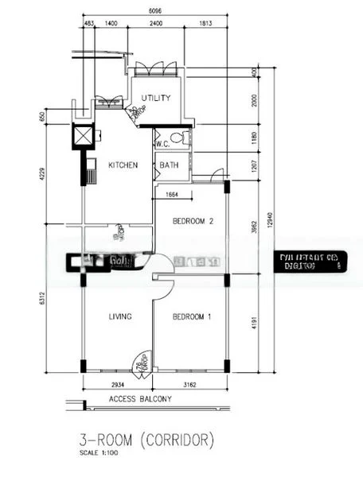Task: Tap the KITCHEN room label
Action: point(123,165)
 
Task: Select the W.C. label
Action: point(161,144)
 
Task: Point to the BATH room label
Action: point(169,165)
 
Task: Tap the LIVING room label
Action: point(120,316)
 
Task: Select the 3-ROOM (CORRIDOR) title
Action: point(146,439)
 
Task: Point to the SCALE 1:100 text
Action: point(98,452)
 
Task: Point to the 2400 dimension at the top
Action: point(156,25)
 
